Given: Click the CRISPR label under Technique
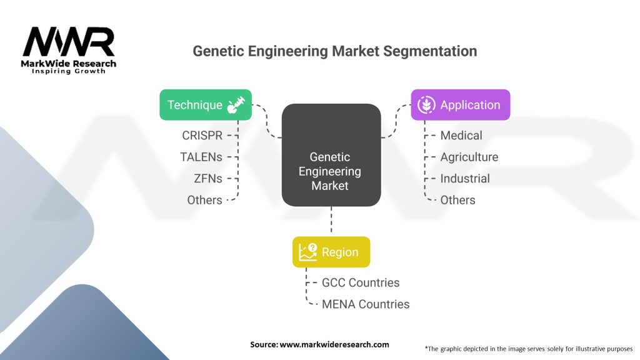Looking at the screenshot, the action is [202, 136].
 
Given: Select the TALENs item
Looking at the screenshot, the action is [201, 157].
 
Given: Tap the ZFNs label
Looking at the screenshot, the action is [208, 179].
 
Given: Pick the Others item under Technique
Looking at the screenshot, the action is [204, 201].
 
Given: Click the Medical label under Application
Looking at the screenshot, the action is [461, 136].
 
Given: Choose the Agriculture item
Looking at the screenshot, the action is [469, 157].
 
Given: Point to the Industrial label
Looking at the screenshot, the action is [465, 179].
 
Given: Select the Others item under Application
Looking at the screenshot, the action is [458, 201].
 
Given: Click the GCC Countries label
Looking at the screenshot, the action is [361, 283].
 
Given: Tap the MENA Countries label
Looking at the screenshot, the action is [366, 304].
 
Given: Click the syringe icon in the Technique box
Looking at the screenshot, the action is [236, 105].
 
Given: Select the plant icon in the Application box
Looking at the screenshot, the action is [426, 105].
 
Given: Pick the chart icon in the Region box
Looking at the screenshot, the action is [307, 252].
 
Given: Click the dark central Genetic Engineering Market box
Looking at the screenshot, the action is [331, 155].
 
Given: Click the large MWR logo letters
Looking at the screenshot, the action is [69, 42].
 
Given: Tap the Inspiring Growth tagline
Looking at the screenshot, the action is [69, 71].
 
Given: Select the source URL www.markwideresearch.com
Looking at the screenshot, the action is [334, 344].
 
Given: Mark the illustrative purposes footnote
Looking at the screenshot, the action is [529, 349].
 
